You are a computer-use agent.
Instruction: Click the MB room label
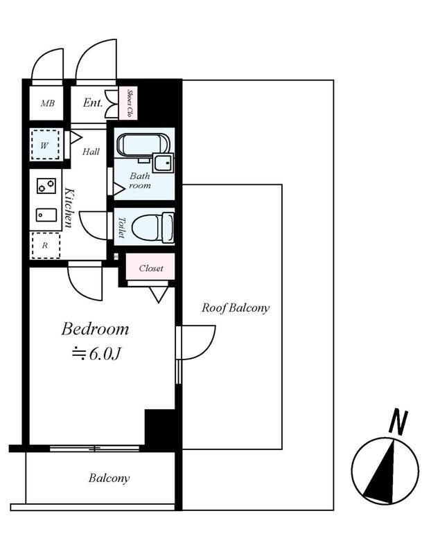(x=47, y=104)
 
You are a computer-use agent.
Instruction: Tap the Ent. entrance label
(x=93, y=103)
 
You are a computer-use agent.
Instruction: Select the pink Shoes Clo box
(x=129, y=102)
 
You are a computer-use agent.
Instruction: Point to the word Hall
(x=91, y=152)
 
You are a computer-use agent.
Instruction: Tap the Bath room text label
(x=140, y=181)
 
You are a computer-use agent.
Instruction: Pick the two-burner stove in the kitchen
(x=46, y=186)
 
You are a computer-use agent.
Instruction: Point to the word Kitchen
(x=70, y=207)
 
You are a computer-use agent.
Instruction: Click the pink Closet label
(x=151, y=268)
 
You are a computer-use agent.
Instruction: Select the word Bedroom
(x=95, y=328)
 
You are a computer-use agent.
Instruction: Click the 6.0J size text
(x=97, y=353)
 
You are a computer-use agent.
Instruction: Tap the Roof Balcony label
(x=236, y=308)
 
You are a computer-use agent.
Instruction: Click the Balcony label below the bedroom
(x=109, y=479)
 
